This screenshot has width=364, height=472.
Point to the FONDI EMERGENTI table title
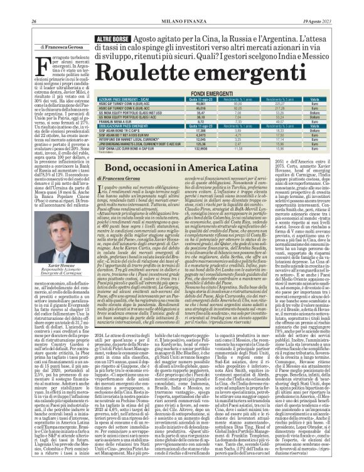point(218,92)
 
